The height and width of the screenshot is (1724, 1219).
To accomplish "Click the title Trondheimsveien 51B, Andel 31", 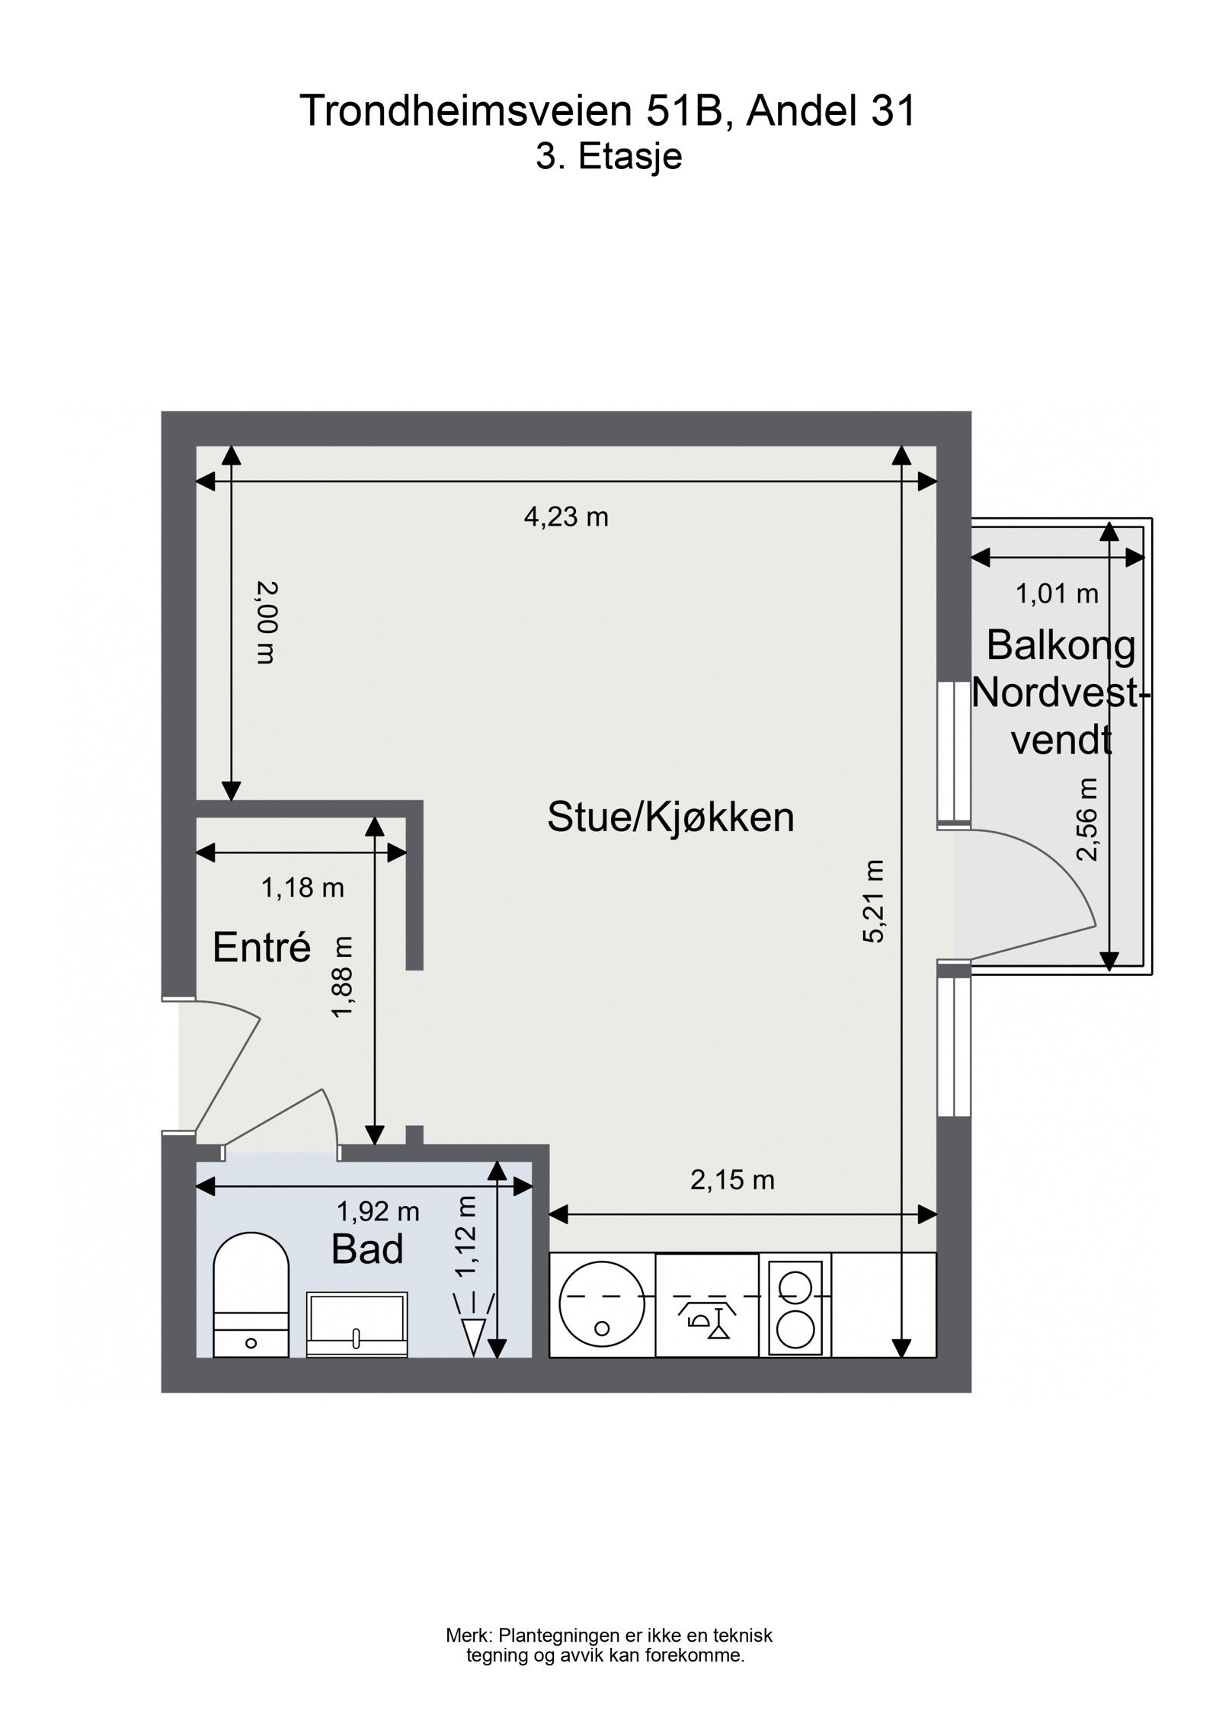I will [x=607, y=111].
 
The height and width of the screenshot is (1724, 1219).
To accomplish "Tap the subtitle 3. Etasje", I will [x=608, y=157].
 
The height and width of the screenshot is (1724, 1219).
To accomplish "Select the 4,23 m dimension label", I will [x=566, y=517].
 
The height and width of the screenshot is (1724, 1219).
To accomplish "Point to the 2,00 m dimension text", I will [x=264, y=622].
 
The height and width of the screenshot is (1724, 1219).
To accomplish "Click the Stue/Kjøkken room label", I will [x=670, y=817].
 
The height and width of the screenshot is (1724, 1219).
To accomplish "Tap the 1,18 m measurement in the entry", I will [x=302, y=888].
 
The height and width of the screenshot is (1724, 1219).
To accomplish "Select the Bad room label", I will [x=367, y=1250].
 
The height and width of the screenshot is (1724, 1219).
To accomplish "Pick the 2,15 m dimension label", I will [x=732, y=1181].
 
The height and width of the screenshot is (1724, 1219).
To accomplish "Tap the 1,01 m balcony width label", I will [x=1057, y=593].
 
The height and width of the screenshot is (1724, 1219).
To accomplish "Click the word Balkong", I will [x=1061, y=646].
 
